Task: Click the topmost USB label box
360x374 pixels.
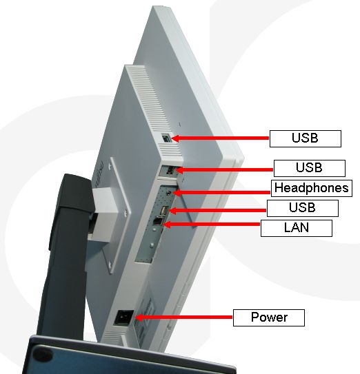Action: point(306,138)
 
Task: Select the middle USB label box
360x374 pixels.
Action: point(310,168)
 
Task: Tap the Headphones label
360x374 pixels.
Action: point(312,188)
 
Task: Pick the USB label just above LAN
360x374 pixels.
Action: point(303,208)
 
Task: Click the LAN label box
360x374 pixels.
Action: point(297,228)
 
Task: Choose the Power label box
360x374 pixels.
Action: point(269,318)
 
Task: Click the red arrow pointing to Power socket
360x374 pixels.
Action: point(183,318)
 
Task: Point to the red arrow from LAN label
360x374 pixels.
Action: point(212,225)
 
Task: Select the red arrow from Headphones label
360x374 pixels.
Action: point(221,192)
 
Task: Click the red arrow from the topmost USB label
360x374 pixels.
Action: point(220,138)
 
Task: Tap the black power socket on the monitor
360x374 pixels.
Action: point(123,318)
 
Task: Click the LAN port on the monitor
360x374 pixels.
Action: point(158,221)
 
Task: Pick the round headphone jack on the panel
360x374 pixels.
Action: point(169,192)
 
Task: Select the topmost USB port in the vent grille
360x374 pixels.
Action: point(166,138)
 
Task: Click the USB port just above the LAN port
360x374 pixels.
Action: point(163,210)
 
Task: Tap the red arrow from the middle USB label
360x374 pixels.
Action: point(224,170)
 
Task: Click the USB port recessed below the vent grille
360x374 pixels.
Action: point(170,171)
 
